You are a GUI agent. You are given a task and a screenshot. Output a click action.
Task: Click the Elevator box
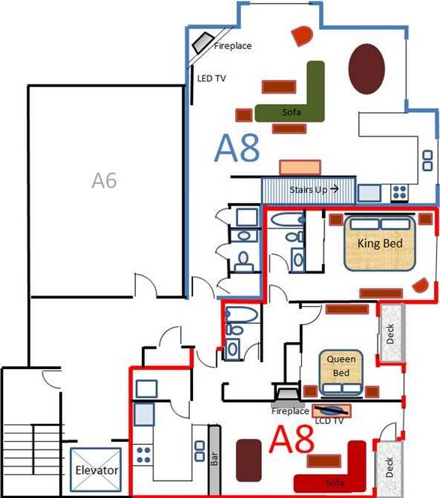tap(95, 469)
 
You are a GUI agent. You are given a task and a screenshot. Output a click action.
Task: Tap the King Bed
tap(380, 243)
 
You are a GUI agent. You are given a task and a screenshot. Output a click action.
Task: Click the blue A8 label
tap(237, 148)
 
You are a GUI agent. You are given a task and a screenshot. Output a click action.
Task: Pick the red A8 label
tap(291, 439)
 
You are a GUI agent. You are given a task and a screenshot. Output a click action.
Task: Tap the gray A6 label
tap(104, 180)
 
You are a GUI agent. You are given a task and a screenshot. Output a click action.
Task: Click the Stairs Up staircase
tap(309, 190)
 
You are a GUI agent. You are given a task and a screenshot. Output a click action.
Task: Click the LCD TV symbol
tap(332, 410)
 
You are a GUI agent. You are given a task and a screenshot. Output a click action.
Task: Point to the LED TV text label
tap(212, 78)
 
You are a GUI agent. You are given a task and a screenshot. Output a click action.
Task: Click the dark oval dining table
tap(366, 69)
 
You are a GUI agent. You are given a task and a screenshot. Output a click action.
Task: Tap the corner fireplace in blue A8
tap(203, 42)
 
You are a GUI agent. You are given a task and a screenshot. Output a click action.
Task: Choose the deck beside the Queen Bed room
tap(392, 333)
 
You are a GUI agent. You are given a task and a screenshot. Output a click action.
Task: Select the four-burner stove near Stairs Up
tap(399, 192)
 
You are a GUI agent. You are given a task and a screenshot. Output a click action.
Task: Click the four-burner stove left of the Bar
tap(143, 454)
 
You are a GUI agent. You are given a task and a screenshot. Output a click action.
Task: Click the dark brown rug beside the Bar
tap(249, 460)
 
